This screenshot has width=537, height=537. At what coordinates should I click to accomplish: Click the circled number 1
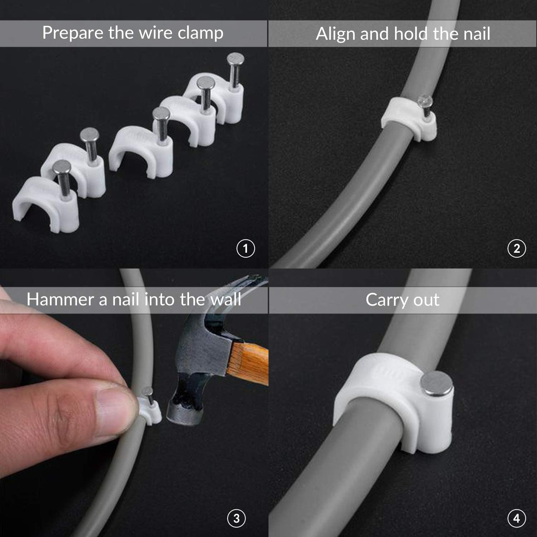[246, 248]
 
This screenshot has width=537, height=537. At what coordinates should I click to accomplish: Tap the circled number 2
[517, 248]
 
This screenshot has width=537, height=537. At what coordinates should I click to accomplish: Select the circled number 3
[236, 518]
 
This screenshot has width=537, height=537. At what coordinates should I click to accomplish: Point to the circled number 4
[517, 518]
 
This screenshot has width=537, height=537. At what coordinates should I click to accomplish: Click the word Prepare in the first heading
[73, 33]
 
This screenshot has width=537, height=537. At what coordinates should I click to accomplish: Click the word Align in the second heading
[335, 34]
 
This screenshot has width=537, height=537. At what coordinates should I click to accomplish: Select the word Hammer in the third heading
[60, 299]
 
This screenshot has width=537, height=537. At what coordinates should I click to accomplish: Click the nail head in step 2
[425, 100]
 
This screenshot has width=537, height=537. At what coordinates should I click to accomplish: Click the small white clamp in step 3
[150, 412]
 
